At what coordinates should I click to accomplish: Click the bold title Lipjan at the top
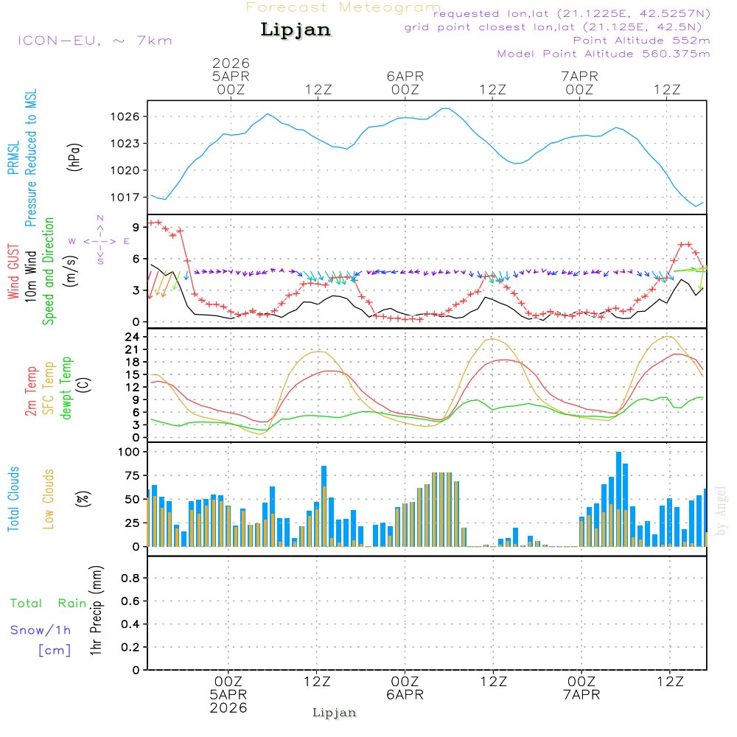coord(296,29)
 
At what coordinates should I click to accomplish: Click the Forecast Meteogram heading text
coord(343,7)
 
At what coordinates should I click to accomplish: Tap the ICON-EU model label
coord(94,40)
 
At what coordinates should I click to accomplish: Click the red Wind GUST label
coord(13,273)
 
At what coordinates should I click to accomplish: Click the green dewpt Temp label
coord(66,388)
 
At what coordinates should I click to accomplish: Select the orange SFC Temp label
coord(49,388)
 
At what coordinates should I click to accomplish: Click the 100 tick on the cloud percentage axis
coord(130,453)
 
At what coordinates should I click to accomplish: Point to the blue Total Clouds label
coord(13,499)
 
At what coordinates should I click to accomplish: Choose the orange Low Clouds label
coord(49,499)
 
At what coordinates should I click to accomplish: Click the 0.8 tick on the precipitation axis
coord(130,579)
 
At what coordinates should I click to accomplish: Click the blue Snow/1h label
coord(41,630)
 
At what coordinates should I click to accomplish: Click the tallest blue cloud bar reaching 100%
coord(618,499)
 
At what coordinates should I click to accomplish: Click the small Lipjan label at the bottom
coord(334,713)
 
